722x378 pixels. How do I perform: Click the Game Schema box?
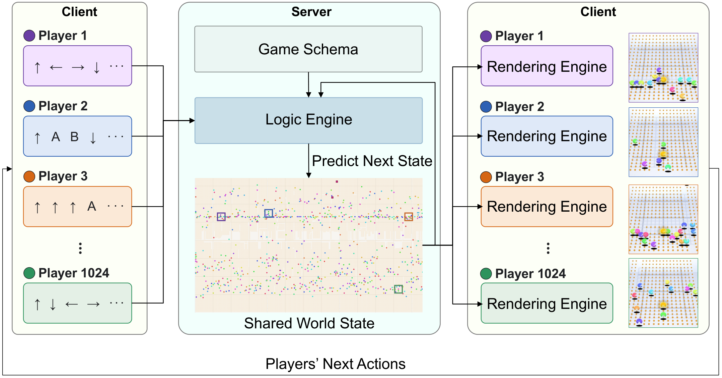[308, 49]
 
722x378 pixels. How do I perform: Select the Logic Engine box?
[308, 120]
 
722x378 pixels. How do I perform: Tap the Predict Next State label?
[372, 161]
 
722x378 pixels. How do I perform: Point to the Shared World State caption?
[309, 323]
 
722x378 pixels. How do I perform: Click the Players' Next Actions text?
[336, 364]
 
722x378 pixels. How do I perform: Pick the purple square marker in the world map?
[221, 217]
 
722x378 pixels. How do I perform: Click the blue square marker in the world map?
[269, 213]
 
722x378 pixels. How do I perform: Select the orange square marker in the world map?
[409, 217]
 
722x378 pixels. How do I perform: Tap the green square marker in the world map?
[399, 289]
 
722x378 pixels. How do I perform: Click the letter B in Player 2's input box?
[74, 137]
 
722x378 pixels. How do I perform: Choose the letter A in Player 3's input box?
[92, 206]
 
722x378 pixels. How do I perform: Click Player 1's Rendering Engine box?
[547, 66]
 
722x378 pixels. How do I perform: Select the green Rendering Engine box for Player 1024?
[547, 303]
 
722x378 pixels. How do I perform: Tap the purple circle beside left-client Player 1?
[29, 36]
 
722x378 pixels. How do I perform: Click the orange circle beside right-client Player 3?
[486, 177]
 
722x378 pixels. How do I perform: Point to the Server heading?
[311, 12]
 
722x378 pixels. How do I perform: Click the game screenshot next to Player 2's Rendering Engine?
[663, 142]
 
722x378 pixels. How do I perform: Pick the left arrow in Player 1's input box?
[56, 68]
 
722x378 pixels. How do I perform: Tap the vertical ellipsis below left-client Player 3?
[80, 248]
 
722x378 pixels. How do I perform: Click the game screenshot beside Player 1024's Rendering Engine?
[663, 293]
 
